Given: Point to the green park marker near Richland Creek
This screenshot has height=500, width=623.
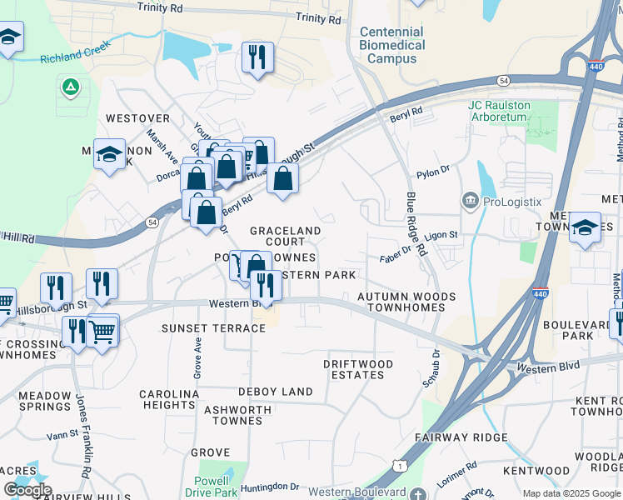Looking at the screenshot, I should pos(70,86).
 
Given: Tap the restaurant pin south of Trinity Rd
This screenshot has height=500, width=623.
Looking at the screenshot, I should pos(257,58).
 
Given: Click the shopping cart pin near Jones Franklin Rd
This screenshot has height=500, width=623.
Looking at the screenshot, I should pos(102,332).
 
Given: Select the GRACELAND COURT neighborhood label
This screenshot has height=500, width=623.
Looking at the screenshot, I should pos(286,236).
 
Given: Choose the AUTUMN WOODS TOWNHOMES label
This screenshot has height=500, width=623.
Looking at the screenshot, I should pos(406,302).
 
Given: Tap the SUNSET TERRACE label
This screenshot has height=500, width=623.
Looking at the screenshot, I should pos(213,328).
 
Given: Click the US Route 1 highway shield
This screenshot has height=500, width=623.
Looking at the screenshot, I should pos(402,465).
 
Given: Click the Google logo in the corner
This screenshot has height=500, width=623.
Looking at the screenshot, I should pos(27,490).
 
